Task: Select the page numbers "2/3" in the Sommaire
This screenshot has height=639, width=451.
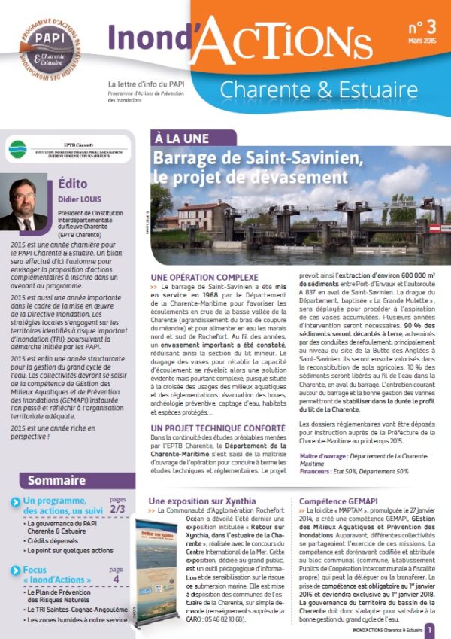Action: pos(117,509)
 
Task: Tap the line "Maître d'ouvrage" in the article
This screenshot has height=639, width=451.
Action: pos(357,456)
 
